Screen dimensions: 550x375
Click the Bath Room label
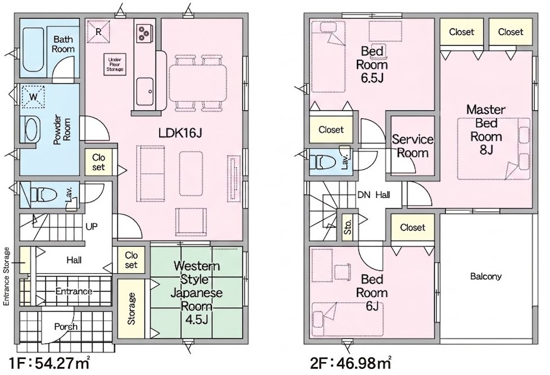63,44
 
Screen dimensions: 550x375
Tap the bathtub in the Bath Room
33,50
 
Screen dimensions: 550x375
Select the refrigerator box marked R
99,32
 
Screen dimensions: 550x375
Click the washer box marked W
33,97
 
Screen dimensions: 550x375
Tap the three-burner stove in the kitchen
143,32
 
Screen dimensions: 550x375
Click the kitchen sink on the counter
144,92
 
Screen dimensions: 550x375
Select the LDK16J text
180,133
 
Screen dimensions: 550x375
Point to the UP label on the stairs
92,227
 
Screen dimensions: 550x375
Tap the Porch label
66,327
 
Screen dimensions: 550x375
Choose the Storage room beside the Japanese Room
131,308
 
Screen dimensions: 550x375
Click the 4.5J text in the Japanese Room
197,320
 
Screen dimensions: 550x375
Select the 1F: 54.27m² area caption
49,364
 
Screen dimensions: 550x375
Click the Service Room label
412,146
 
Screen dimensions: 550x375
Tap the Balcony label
486,276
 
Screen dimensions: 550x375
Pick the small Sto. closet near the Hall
348,227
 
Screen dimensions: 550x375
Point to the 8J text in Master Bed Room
487,149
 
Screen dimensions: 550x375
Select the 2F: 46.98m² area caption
351,364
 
